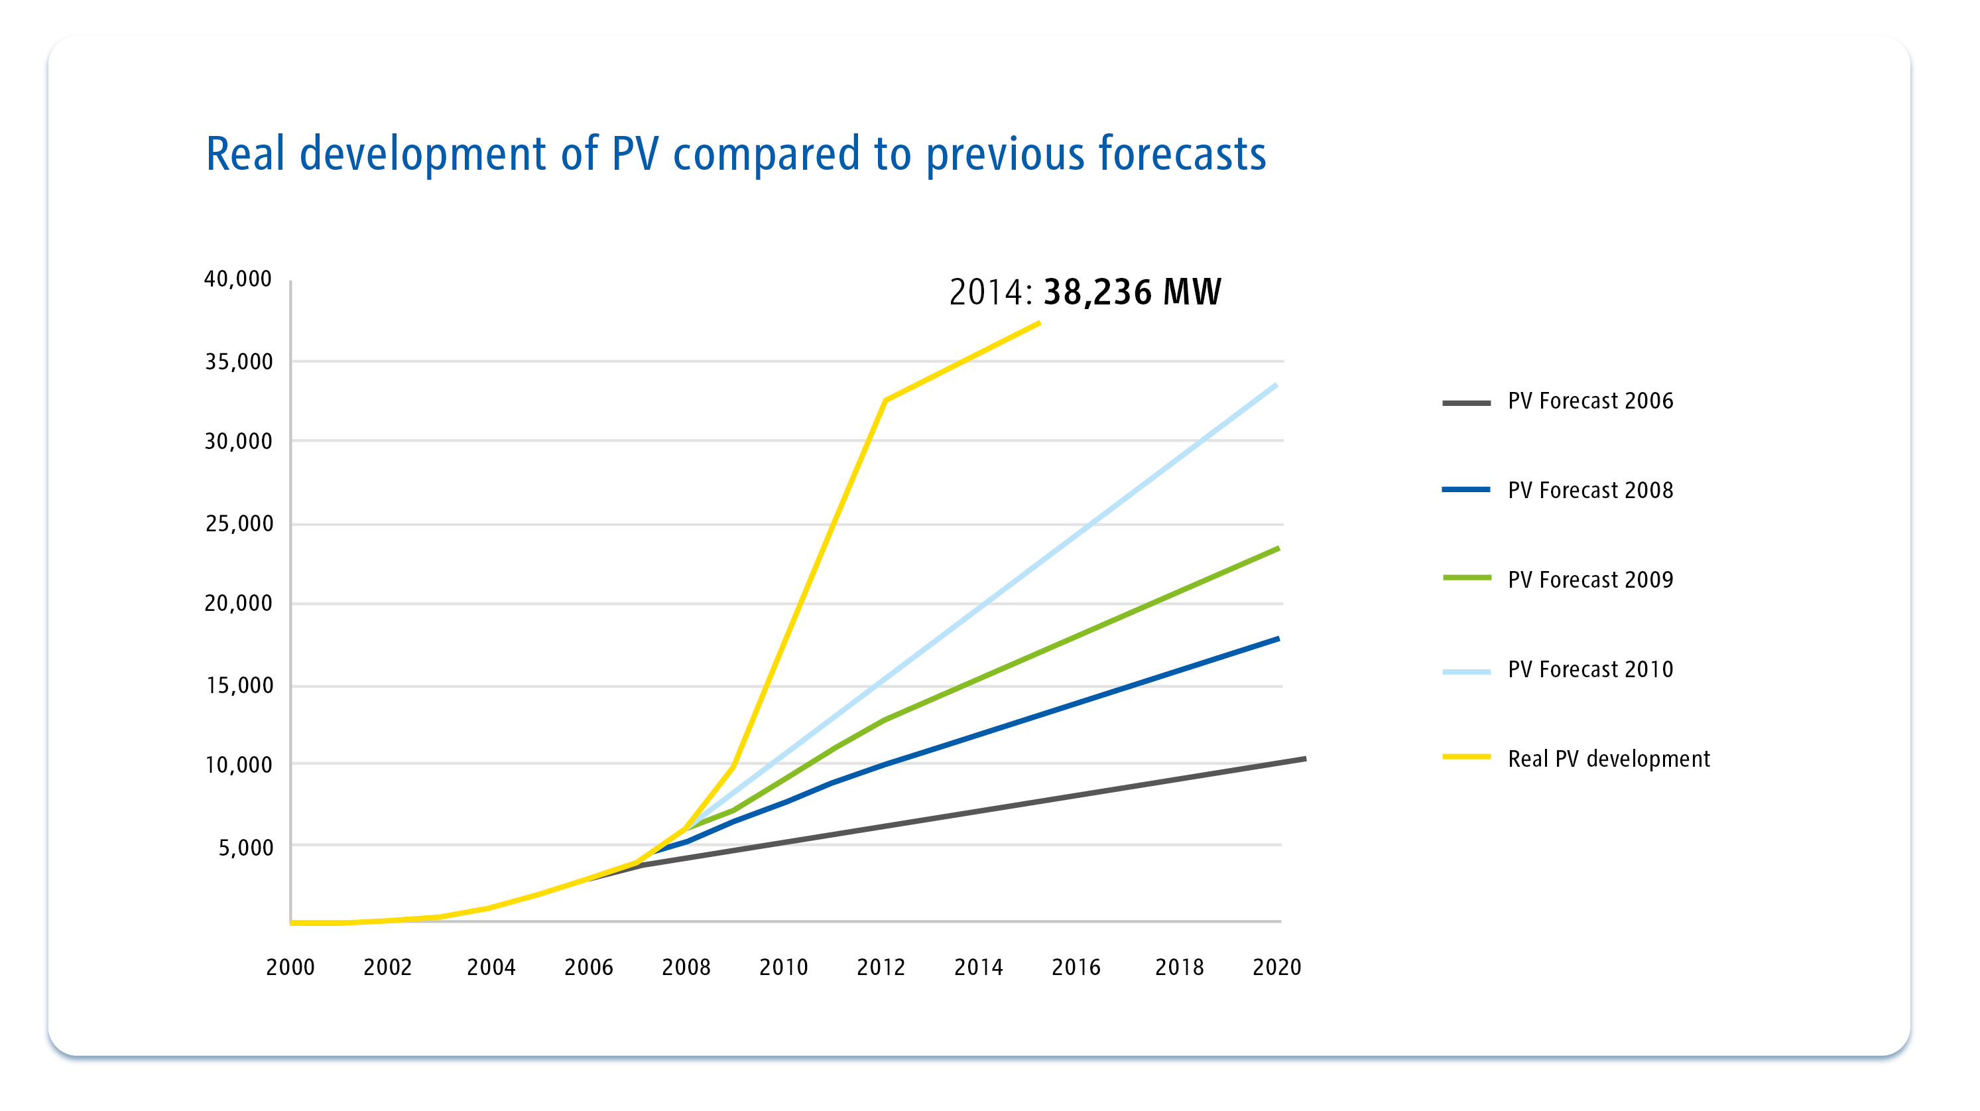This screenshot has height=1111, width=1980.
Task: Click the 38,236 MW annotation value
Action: click(x=1131, y=292)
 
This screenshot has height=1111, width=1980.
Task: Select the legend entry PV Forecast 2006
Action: click(x=1589, y=401)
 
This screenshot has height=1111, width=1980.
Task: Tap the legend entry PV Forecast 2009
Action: click(x=1589, y=580)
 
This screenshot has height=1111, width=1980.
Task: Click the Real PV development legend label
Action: click(x=1608, y=759)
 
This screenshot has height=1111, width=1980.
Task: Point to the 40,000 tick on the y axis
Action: click(x=237, y=279)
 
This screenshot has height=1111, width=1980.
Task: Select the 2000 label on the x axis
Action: click(x=290, y=967)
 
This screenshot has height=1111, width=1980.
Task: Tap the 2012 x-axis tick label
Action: click(x=881, y=967)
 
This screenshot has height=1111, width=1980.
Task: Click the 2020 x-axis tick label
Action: click(x=1276, y=967)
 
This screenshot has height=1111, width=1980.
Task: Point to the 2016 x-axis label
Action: click(x=1076, y=967)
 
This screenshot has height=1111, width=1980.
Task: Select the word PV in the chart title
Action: click(x=635, y=154)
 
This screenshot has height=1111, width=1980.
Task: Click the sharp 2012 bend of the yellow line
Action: click(x=885, y=401)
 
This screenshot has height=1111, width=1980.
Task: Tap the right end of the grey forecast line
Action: click(x=1305, y=759)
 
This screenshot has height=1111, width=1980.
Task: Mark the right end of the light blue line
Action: click(x=1276, y=385)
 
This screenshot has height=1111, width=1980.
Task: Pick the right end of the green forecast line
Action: click(x=1278, y=548)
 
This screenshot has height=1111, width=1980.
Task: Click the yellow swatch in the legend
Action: click(x=1466, y=757)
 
